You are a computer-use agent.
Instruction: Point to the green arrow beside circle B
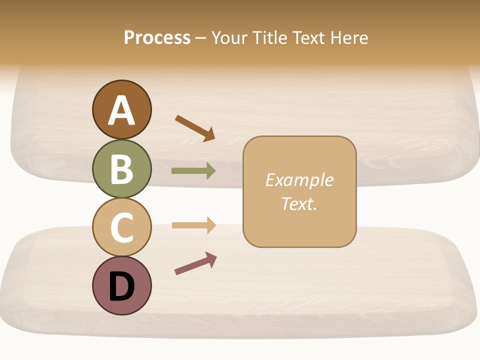[x=193, y=171]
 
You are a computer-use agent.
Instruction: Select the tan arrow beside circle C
[x=193, y=225]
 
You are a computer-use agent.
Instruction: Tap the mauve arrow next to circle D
[x=195, y=263]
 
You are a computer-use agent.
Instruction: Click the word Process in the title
[x=157, y=38]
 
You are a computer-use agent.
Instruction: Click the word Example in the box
[x=299, y=180]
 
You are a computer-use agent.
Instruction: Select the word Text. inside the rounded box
[x=299, y=204]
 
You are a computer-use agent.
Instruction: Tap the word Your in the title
[x=230, y=38]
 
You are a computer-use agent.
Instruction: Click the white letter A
[x=121, y=110]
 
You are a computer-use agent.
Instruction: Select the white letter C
[x=121, y=227]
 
